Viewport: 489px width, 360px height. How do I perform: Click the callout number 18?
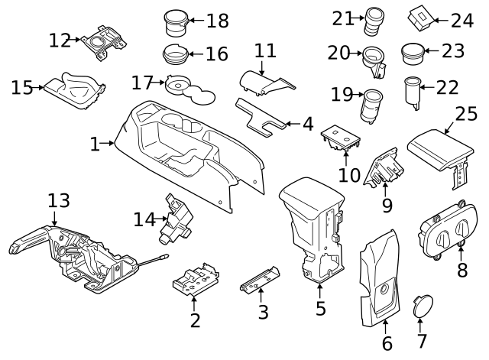pyautogui.click(x=217, y=21)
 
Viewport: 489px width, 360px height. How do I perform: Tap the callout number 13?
pyautogui.click(x=59, y=201)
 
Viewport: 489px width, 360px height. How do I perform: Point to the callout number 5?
pyautogui.click(x=320, y=309)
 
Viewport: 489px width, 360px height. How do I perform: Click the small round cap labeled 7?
pyautogui.click(x=419, y=306)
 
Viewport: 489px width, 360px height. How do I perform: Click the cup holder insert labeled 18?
pyautogui.click(x=176, y=23)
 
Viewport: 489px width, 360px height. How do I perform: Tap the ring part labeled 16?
pyautogui.click(x=176, y=55)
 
